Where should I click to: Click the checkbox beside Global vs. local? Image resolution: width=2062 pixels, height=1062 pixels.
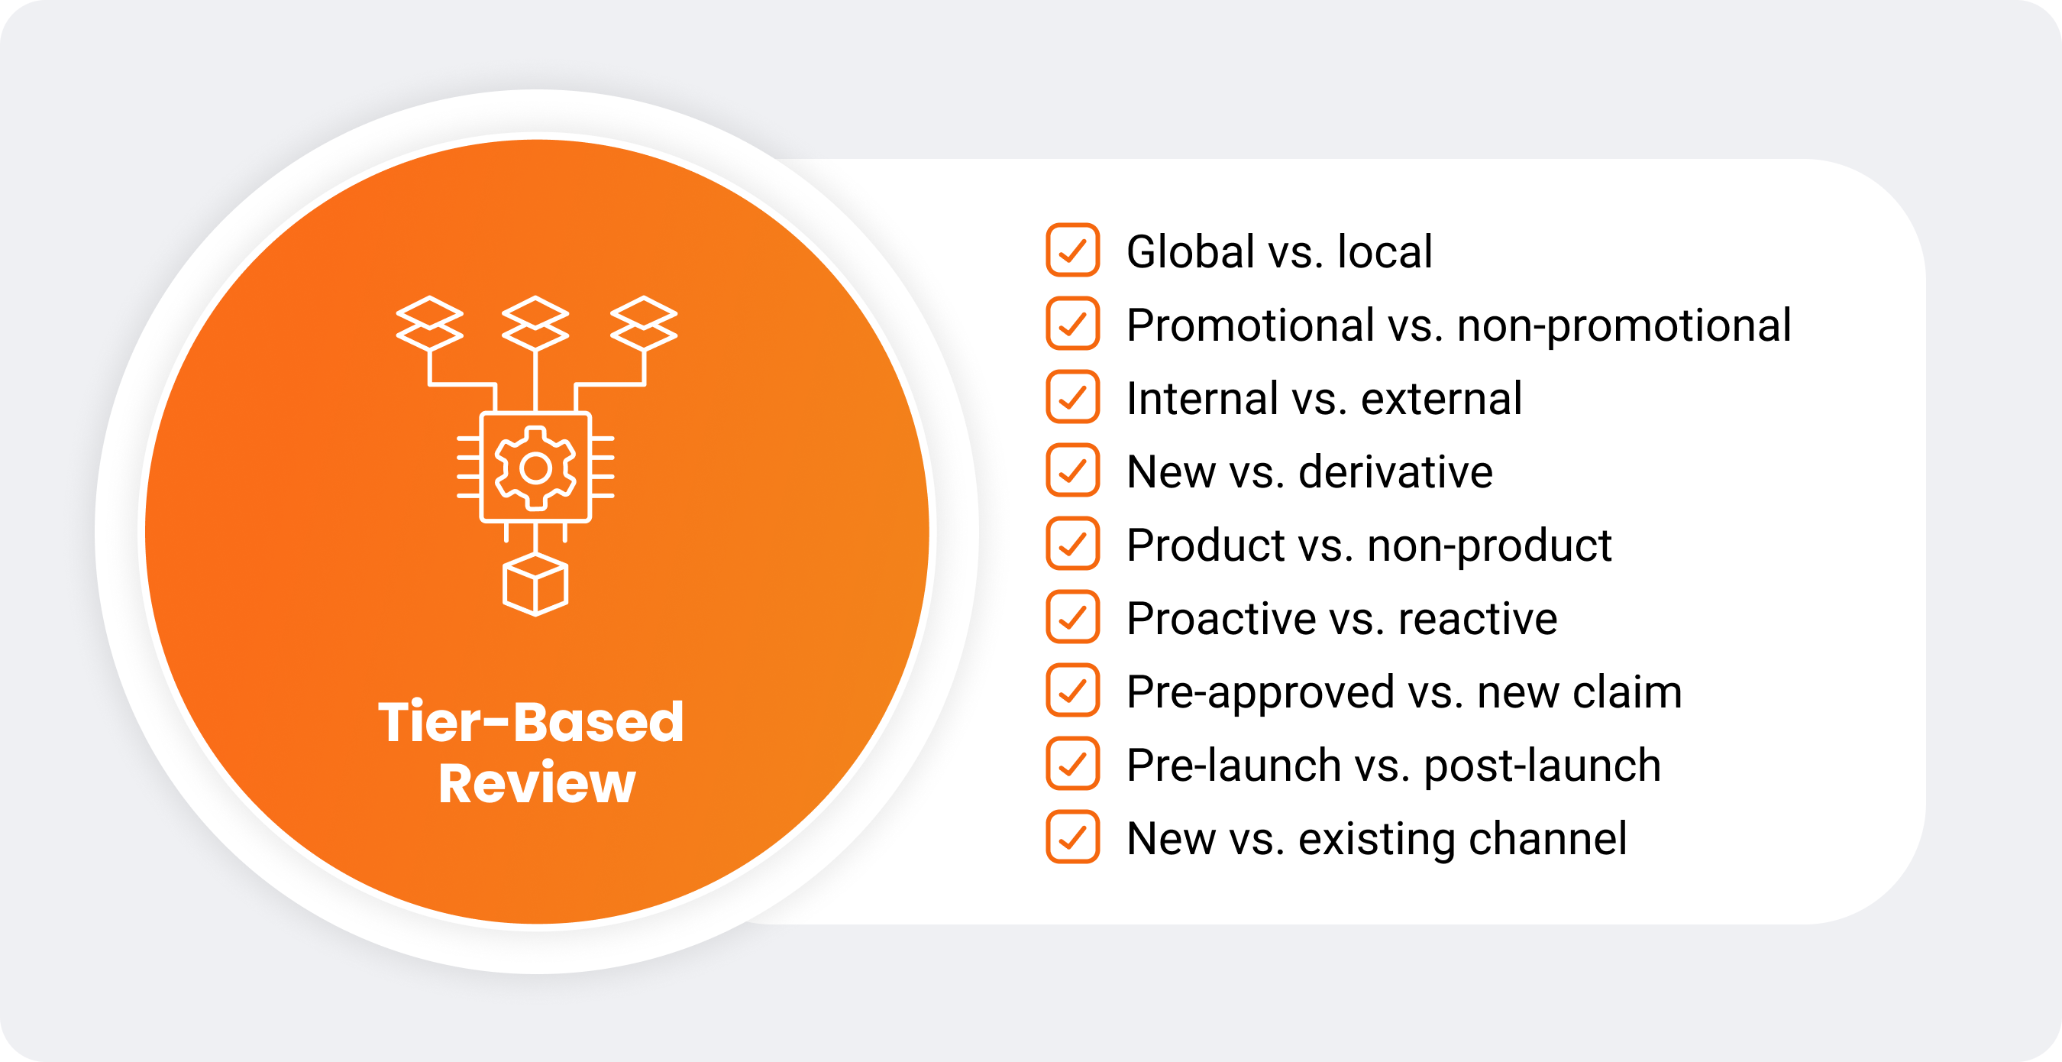[x=1073, y=250]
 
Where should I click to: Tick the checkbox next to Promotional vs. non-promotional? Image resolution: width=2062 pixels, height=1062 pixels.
[x=1073, y=323]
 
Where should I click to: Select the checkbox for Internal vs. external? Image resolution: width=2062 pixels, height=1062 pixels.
[x=1073, y=397]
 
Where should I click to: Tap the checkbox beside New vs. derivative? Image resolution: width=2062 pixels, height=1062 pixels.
[x=1073, y=470]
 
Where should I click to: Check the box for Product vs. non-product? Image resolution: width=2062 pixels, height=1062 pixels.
[x=1073, y=544]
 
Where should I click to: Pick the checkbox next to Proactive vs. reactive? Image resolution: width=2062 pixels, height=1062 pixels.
[x=1073, y=617]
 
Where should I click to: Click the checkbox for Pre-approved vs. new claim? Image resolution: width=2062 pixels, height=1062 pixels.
[x=1073, y=691]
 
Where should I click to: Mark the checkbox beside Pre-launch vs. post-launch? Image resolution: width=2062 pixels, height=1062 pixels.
[x=1073, y=764]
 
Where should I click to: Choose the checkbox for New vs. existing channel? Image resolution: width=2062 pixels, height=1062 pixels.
[x=1073, y=837]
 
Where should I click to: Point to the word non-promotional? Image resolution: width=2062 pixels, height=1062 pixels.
[x=1624, y=327]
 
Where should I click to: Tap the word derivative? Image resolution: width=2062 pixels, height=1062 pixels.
[x=1395, y=471]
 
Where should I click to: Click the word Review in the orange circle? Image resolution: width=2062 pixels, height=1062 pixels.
[x=537, y=783]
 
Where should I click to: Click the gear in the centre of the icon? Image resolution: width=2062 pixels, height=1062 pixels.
[x=535, y=468]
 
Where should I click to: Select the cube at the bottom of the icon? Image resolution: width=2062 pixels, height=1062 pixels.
[x=535, y=584]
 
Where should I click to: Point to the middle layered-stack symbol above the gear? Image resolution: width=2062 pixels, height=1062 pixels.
[x=535, y=323]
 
